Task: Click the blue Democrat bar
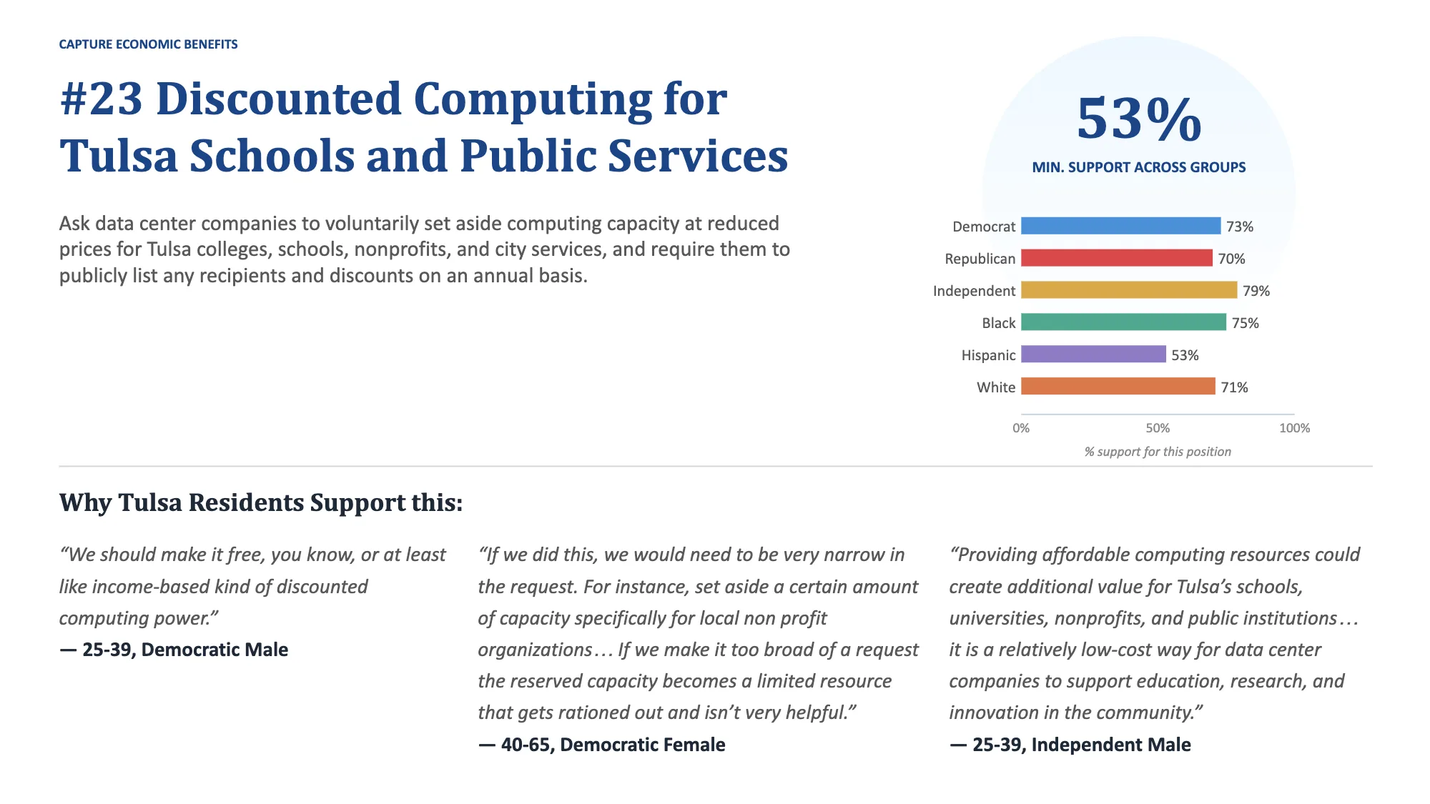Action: tap(1120, 226)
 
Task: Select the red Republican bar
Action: tap(1117, 258)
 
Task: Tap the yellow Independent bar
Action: tap(1129, 290)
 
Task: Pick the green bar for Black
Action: tap(1123, 322)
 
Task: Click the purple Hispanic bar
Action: tap(1093, 354)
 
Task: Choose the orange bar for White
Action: tap(1118, 387)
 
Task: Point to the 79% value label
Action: tap(1256, 291)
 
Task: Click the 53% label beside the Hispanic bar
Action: tap(1185, 355)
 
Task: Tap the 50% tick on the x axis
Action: tap(1158, 428)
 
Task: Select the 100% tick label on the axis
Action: tap(1294, 428)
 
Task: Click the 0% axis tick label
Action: tap(1021, 428)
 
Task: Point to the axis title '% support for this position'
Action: tap(1158, 452)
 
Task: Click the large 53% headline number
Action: tap(1139, 119)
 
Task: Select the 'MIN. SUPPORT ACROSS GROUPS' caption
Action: tap(1139, 167)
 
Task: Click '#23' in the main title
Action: tap(102, 99)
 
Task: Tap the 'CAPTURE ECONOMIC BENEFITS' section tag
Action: tap(148, 44)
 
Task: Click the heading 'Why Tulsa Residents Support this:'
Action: tap(261, 503)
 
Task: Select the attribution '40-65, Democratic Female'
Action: tap(613, 745)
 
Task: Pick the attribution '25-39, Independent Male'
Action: tap(1082, 745)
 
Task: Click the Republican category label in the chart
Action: tap(980, 259)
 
